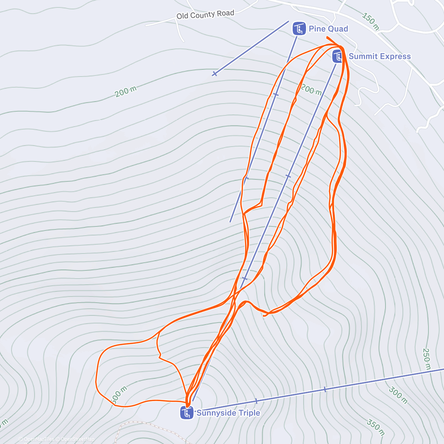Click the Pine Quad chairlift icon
coord(299,28)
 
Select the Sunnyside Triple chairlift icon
coord(187,413)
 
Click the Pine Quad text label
coord(328,29)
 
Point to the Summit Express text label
coord(380,56)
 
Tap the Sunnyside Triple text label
coord(228,413)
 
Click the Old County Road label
coord(205,15)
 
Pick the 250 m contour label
coord(427,359)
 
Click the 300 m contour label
coord(398,395)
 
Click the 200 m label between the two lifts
coord(311,89)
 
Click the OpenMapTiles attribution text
coord(39,439)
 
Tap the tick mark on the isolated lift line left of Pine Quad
coord(214,74)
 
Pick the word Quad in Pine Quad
coord(339,29)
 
